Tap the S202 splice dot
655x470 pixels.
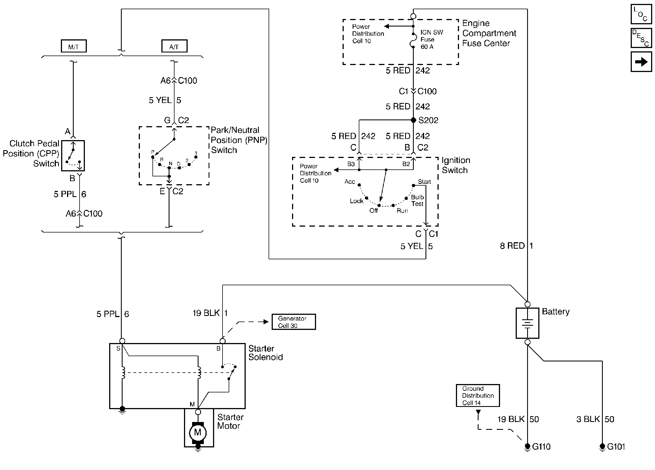tap(413, 120)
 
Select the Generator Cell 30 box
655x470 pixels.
tap(293, 322)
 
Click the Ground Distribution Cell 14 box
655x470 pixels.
tap(478, 395)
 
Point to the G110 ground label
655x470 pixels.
tap(541, 447)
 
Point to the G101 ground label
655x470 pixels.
tap(616, 447)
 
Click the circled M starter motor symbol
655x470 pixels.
tap(198, 432)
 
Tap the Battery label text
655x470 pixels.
tap(555, 311)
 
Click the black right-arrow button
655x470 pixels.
tap(641, 61)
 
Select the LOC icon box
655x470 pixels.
tap(641, 14)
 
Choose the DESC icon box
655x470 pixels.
tap(641, 38)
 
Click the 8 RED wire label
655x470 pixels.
tap(512, 246)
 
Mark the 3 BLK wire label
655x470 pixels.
tap(588, 419)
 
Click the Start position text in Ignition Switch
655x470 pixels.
tap(424, 182)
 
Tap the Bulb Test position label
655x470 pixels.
tap(417, 200)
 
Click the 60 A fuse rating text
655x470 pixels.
tap(427, 47)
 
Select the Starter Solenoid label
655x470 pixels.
tap(266, 352)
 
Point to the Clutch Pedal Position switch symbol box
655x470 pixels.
tap(73, 156)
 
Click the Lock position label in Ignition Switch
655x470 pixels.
tap(356, 201)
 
